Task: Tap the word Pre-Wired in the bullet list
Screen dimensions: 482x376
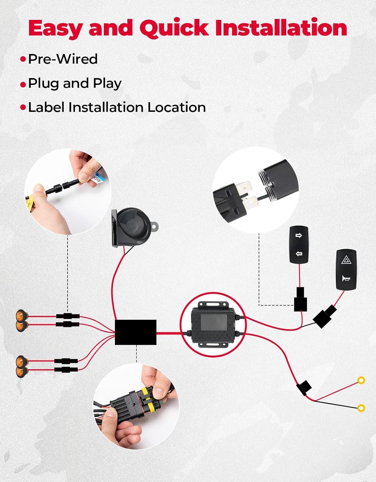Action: pyautogui.click(x=63, y=59)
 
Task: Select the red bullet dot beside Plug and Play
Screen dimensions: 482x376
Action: pyautogui.click(x=23, y=85)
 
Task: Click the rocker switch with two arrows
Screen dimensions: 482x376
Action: pyautogui.click(x=299, y=245)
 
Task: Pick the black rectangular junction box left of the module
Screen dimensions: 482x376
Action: pyautogui.click(x=136, y=332)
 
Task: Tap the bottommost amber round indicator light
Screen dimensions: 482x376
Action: pyautogui.click(x=21, y=372)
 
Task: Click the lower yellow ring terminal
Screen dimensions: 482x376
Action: pyautogui.click(x=361, y=408)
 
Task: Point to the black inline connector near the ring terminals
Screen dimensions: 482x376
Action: pyautogui.click(x=304, y=387)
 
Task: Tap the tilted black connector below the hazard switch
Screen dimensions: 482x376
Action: pyautogui.click(x=325, y=317)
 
